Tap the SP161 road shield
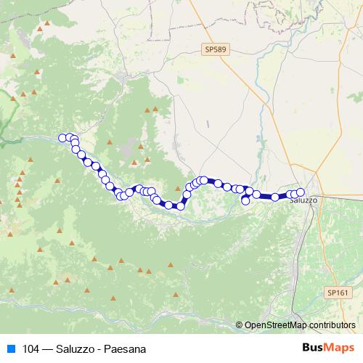point(338,292)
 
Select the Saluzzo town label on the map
point(303,200)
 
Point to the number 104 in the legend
point(31,348)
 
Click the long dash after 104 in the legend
point(49,348)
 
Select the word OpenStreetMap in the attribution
point(276,325)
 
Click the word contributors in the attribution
point(332,325)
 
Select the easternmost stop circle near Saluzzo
point(301,192)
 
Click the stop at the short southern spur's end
point(245,201)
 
